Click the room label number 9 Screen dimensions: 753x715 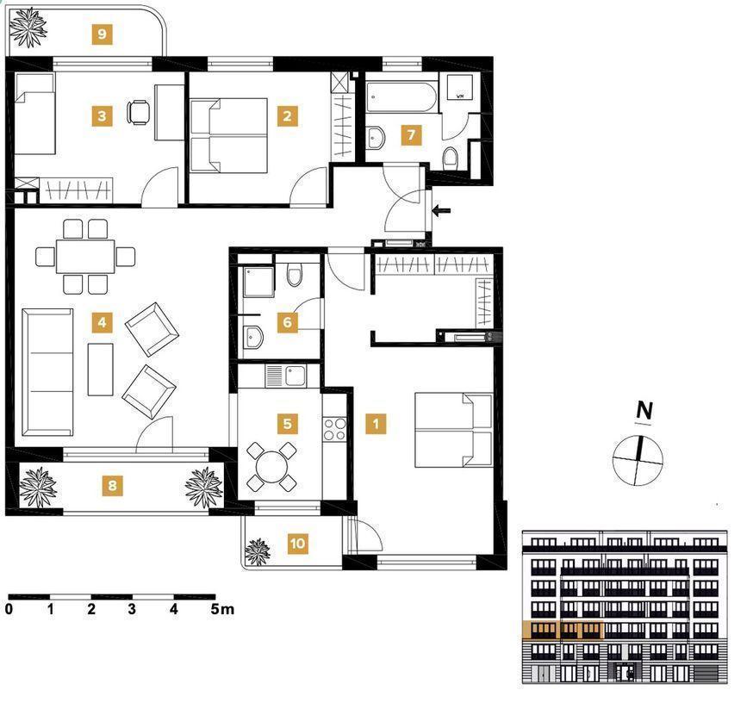[102, 34]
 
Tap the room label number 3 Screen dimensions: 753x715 [102, 115]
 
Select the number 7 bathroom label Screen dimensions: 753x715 [411, 135]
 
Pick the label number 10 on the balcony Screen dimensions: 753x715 [298, 543]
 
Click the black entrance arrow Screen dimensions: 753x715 [442, 210]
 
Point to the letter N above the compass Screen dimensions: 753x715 [644, 411]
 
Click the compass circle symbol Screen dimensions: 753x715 [638, 461]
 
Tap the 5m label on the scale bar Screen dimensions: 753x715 [222, 609]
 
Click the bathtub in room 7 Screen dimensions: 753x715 [401, 97]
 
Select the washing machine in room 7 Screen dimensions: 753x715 [459, 87]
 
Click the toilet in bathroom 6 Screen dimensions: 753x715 [295, 276]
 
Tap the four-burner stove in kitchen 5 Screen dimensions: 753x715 [334, 429]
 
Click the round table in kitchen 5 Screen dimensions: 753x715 [271, 467]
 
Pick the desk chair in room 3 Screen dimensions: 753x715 [139, 112]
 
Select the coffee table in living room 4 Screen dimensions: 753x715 [100, 370]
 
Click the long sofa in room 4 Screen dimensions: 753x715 [47, 372]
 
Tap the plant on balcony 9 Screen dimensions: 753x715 [28, 28]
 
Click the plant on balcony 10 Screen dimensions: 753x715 [258, 551]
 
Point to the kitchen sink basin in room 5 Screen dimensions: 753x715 [296, 376]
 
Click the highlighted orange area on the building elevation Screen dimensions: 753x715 [563, 630]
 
